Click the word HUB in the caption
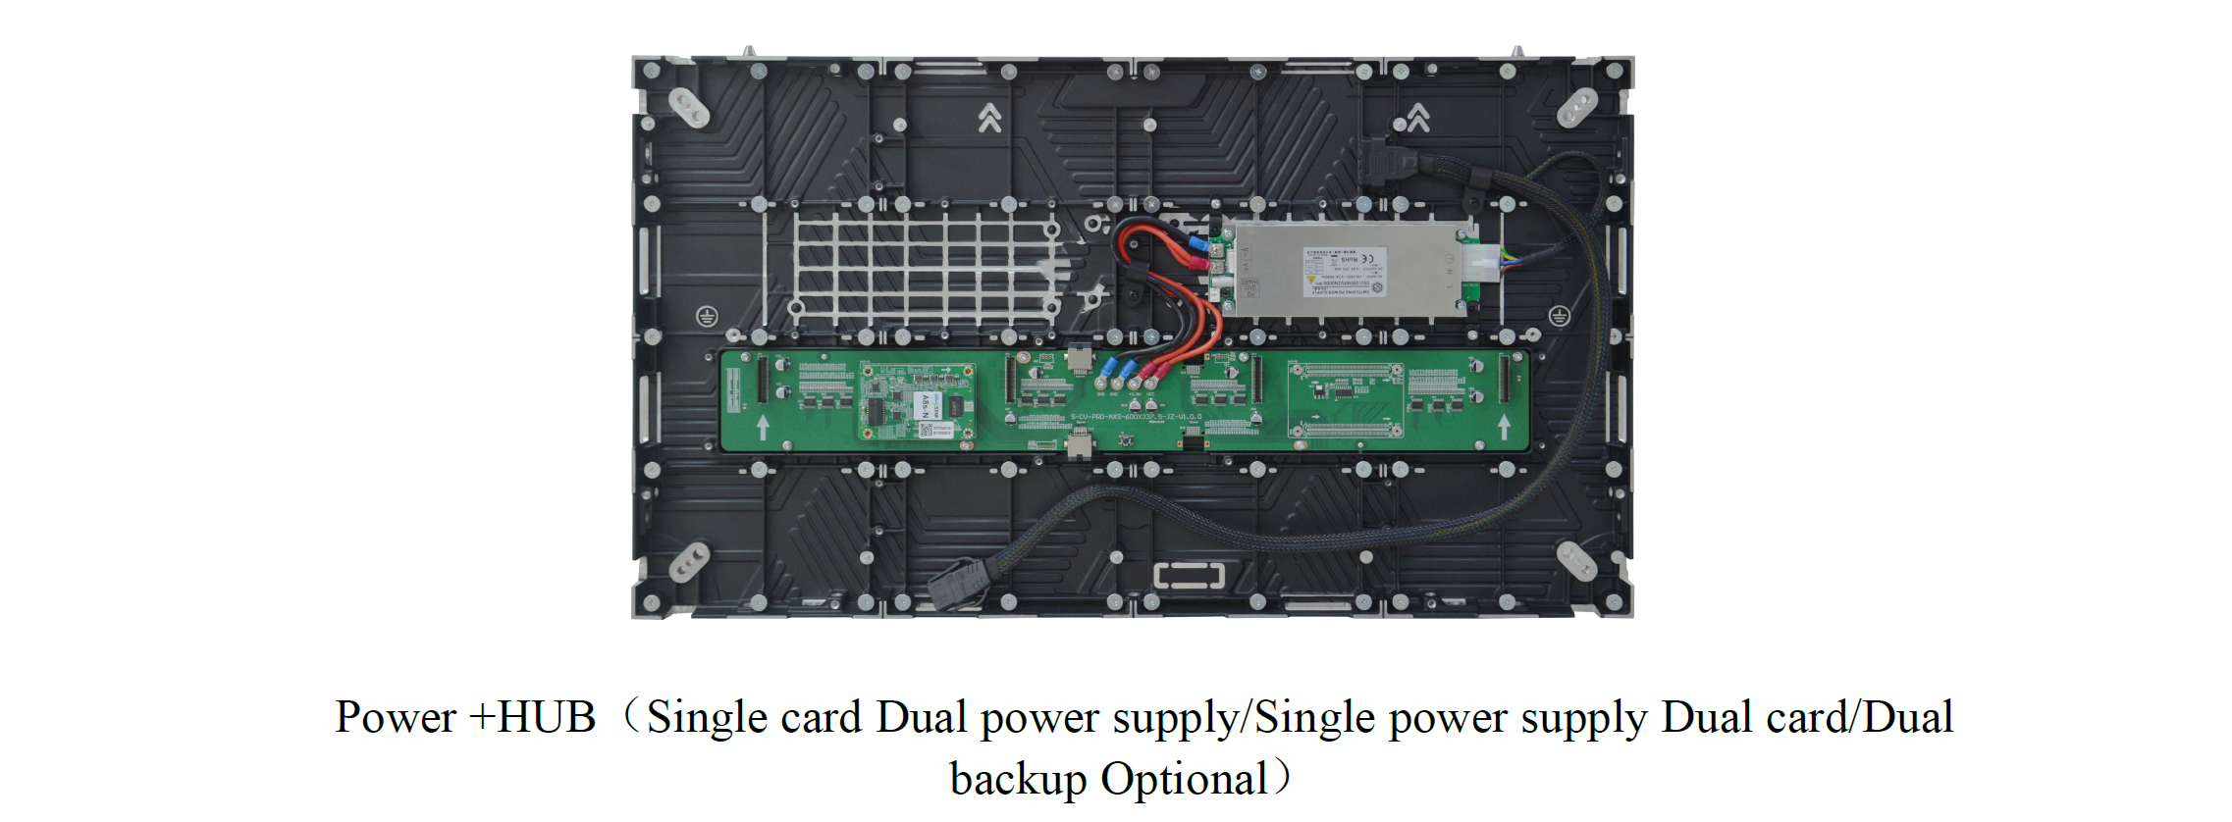click(546, 717)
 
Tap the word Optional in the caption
click(1184, 780)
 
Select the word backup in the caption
click(1018, 780)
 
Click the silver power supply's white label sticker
click(1343, 271)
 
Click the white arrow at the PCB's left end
click(763, 427)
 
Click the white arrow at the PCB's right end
click(1503, 427)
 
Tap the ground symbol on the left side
click(707, 316)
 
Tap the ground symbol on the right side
click(1559, 316)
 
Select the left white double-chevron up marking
click(989, 119)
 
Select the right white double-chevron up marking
click(1417, 119)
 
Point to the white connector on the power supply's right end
click(1482, 263)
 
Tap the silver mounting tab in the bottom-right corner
click(1576, 561)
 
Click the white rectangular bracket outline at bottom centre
click(1189, 575)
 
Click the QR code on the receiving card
click(926, 429)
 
